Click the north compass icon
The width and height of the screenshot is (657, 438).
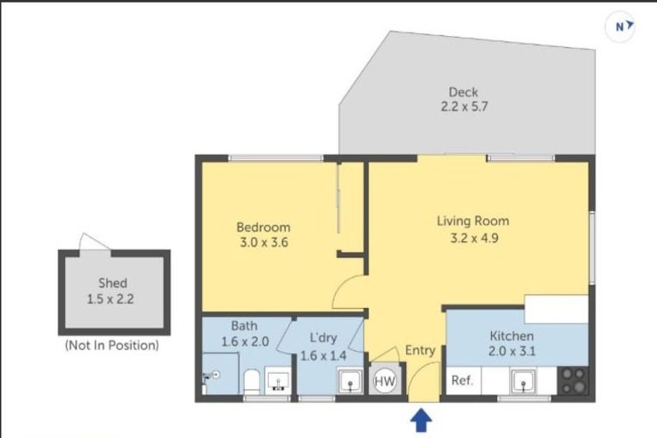click(x=620, y=27)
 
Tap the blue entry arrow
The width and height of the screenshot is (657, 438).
click(x=421, y=420)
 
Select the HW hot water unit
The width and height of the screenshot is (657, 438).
click(x=384, y=382)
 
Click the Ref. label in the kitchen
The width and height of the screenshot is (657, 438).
click(x=462, y=380)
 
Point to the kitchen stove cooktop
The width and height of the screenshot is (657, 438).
click(x=574, y=380)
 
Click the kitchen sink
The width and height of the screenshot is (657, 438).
click(x=523, y=382)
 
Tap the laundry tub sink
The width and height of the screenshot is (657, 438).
click(x=350, y=382)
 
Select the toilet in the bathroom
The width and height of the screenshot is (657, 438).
click(x=252, y=382)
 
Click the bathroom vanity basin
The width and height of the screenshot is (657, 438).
click(x=277, y=381)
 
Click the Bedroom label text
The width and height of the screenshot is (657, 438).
click(x=263, y=228)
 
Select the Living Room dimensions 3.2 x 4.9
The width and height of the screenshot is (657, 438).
click(x=474, y=238)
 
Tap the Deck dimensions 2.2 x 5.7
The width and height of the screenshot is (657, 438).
click(x=465, y=106)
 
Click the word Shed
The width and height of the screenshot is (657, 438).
click(x=113, y=283)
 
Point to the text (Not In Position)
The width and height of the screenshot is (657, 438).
click(x=112, y=345)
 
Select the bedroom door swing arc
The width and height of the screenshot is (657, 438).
click(x=338, y=289)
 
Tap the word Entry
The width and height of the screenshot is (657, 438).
click(x=420, y=350)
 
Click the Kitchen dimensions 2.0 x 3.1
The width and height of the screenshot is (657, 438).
click(x=512, y=351)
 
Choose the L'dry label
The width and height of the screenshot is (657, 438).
click(x=323, y=338)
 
